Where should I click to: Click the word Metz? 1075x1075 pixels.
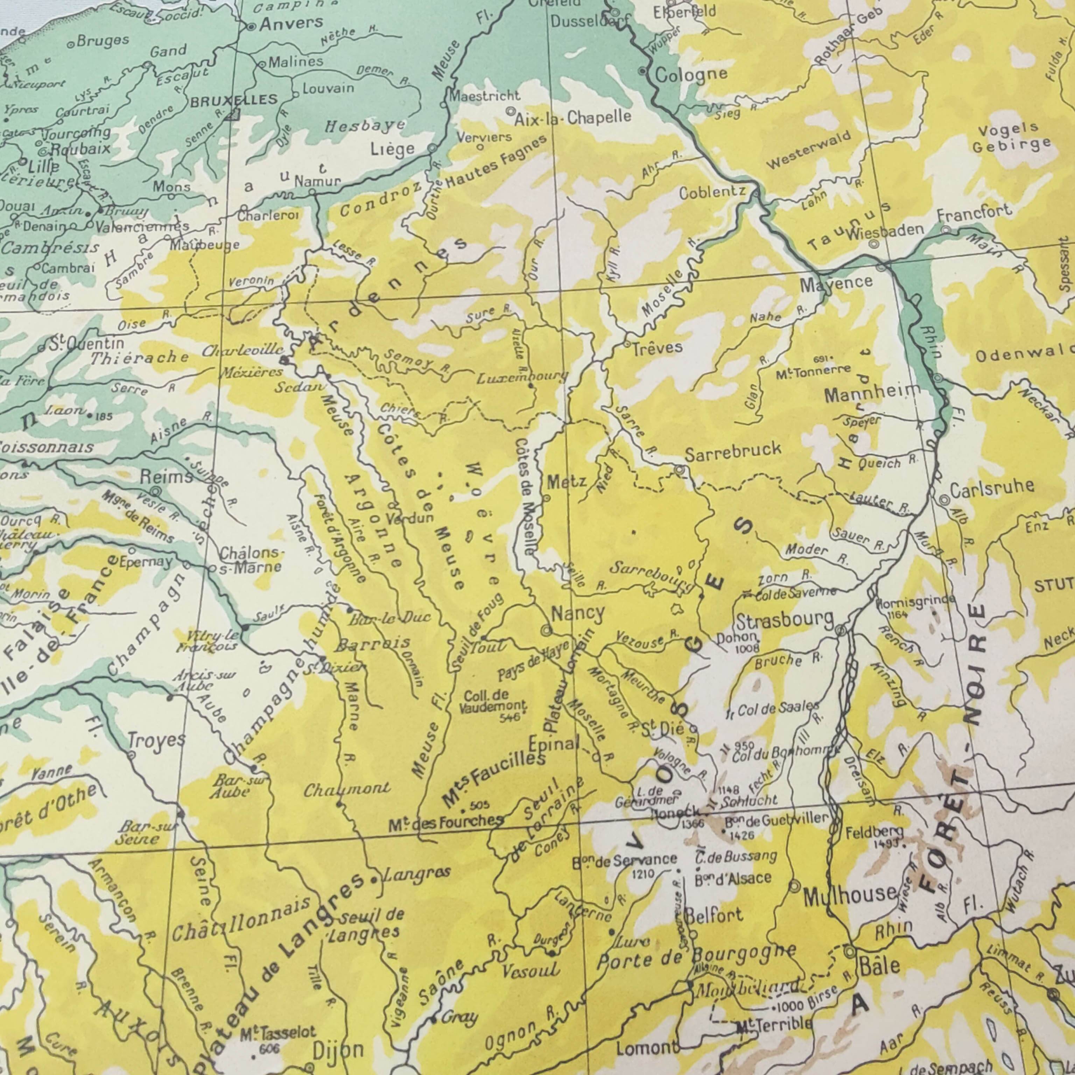(x=567, y=482)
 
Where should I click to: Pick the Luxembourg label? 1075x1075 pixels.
(x=522, y=378)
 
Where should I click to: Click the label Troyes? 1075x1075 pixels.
(x=156, y=741)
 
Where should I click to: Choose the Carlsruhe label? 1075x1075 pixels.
(x=992, y=488)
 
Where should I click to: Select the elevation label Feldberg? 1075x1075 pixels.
(x=874, y=832)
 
